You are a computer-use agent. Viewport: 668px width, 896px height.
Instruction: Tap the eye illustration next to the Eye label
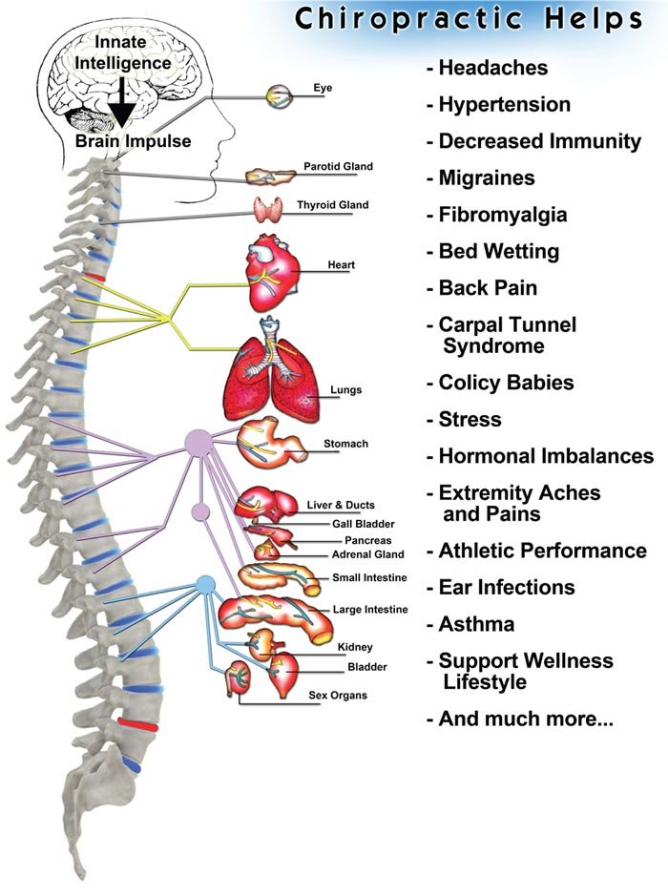coord(281,95)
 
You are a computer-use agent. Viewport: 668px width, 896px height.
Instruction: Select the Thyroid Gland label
coord(332,205)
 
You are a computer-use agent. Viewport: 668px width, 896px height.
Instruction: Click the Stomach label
coord(345,444)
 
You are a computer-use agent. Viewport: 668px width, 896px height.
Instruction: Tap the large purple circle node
coord(198,442)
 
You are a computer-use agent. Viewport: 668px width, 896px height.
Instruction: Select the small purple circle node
coord(200,511)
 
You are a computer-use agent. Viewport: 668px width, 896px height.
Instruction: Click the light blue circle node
coord(205,584)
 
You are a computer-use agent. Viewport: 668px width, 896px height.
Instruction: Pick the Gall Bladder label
coord(364,524)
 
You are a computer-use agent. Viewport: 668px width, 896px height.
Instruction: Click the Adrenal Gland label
coord(367,554)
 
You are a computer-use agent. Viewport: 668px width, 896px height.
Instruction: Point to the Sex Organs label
coord(338,696)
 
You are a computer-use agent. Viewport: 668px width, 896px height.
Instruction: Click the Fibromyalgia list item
coord(503,215)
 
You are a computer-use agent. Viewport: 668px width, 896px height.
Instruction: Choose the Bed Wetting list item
coord(499,252)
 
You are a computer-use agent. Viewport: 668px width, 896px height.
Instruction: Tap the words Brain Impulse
coord(133,141)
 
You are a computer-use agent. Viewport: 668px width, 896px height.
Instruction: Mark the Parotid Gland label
coord(338,167)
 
